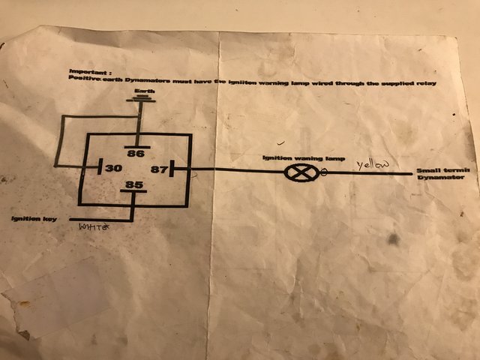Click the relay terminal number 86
tap(136, 154)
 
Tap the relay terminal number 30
tap(113, 168)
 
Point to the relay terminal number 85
tap(134, 184)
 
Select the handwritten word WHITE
tap(94, 225)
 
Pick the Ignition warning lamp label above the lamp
tap(292, 157)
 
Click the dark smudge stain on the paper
tap(391, 241)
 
